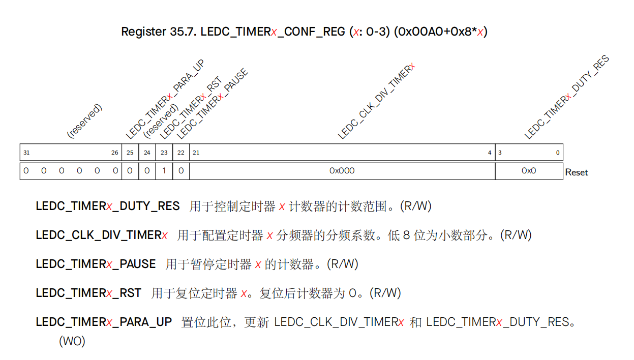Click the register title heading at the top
[304, 32]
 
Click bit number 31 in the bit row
[26, 153]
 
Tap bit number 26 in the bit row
[115, 153]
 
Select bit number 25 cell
[130, 153]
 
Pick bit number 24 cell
[147, 153]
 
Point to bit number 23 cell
[164, 153]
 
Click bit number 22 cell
[181, 153]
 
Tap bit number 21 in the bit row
[196, 153]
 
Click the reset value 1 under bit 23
[164, 171]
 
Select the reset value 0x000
[342, 171]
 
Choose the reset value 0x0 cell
[529, 171]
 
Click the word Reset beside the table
[577, 172]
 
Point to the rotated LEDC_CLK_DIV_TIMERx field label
[377, 101]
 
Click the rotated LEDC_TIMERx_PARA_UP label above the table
[165, 99]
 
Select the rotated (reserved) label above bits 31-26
[85, 121]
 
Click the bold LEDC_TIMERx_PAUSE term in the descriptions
[96, 264]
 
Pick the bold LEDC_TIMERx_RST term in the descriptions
[88, 293]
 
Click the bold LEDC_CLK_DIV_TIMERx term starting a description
[102, 235]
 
